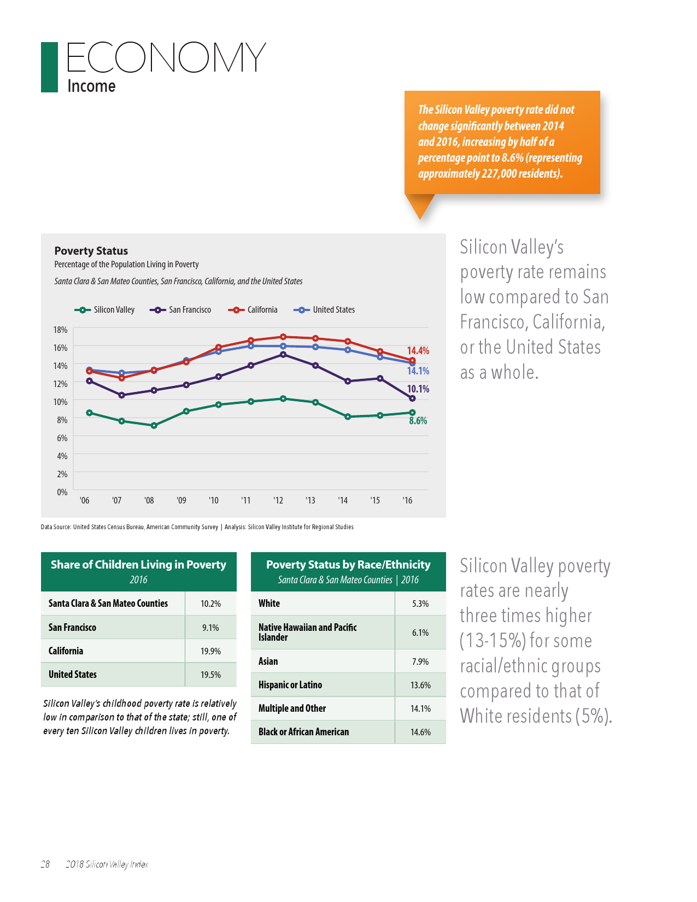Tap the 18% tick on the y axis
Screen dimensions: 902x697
(60, 330)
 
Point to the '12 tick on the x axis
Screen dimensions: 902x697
(278, 500)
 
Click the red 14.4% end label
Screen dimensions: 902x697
(418, 350)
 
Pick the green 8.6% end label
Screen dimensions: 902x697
(418, 420)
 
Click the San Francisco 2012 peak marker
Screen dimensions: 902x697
(283, 355)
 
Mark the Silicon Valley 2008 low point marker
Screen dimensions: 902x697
(154, 425)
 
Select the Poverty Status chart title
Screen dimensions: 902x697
(91, 251)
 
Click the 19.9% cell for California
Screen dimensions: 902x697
(210, 651)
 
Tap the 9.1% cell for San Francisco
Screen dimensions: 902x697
(210, 628)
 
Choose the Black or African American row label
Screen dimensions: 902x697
(303, 732)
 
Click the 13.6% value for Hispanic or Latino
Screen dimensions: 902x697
(420, 685)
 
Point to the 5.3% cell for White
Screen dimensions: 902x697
(420, 604)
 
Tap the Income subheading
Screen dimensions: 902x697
(91, 86)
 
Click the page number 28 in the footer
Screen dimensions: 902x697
(45, 864)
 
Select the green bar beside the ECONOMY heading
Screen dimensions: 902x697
(49, 67)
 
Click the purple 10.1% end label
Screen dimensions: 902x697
(418, 389)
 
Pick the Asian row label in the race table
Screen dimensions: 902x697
(268, 661)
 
